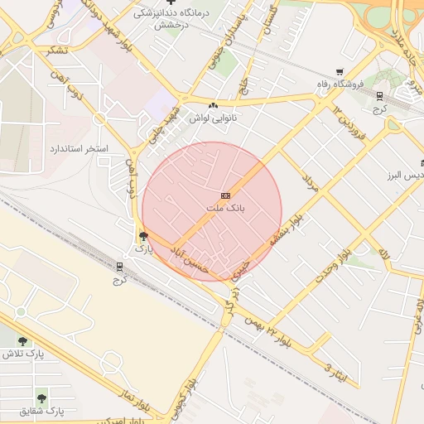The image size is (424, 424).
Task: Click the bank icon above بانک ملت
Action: pos(225,195)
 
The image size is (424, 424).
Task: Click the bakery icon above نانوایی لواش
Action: pos(214,106)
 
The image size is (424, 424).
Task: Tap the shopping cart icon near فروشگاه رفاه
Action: pos(340,72)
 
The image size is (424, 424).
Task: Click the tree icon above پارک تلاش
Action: pos(22,341)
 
